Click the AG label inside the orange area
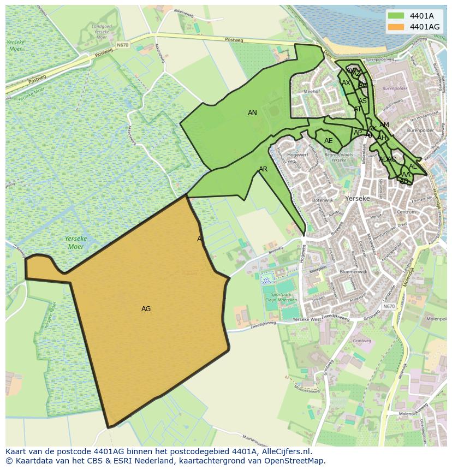pos(146,309)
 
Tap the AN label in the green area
pos(252,113)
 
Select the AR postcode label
pos(263,169)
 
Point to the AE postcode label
pos(328,141)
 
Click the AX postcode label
pos(346,83)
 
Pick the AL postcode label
pos(413,166)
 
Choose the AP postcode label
pos(358,133)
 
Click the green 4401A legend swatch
pos(397,15)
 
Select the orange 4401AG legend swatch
pos(397,26)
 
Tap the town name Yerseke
pos(358,199)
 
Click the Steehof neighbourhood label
pos(311,92)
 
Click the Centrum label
pos(407,211)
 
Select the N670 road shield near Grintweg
pos(389,306)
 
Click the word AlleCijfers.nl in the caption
pos(284,452)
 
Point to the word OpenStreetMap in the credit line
pos(298,461)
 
